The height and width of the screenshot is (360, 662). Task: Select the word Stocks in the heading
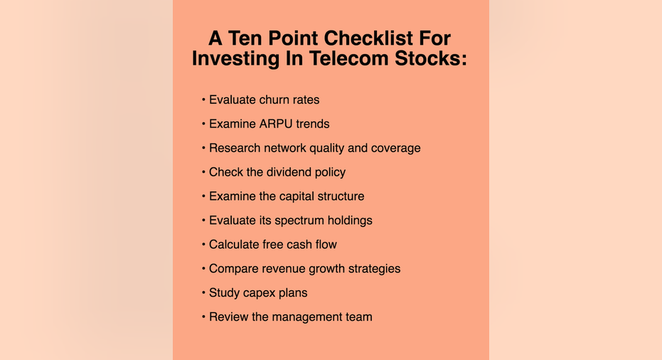pyautogui.click(x=431, y=58)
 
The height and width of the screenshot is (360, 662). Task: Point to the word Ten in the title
pyautogui.click(x=246, y=38)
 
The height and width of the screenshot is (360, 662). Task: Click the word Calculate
pyautogui.click(x=234, y=244)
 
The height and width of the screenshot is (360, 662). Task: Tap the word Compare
pyautogui.click(x=233, y=269)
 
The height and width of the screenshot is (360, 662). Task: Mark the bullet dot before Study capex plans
pyautogui.click(x=203, y=292)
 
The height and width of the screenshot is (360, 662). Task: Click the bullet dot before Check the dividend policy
pyautogui.click(x=203, y=172)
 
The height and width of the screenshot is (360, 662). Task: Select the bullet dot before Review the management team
pyautogui.click(x=203, y=317)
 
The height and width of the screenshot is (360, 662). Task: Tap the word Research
pyautogui.click(x=235, y=148)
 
